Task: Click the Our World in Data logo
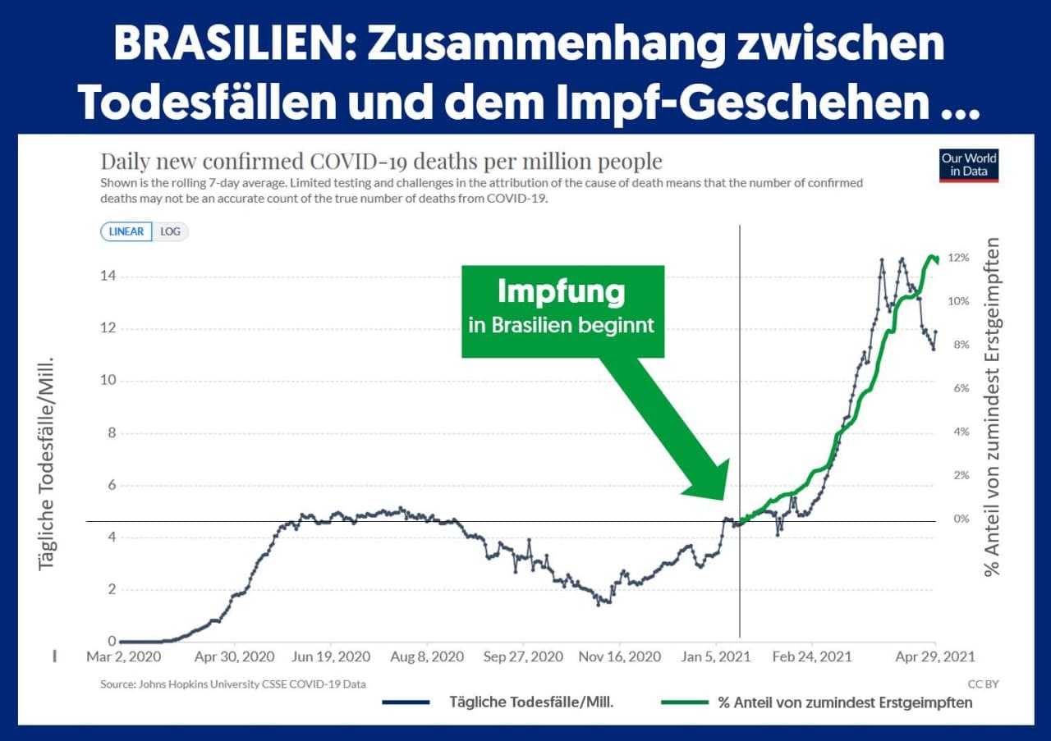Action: click(969, 166)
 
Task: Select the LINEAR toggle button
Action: click(126, 231)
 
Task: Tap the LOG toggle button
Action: click(170, 231)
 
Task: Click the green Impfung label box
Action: click(562, 311)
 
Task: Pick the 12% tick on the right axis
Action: click(959, 258)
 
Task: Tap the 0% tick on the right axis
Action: click(962, 519)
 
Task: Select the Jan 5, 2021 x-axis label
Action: click(715, 656)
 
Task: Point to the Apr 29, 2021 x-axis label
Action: click(935, 656)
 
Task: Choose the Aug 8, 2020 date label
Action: click(426, 656)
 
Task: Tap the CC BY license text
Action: click(983, 684)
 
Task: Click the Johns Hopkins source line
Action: click(233, 684)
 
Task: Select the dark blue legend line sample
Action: click(406, 702)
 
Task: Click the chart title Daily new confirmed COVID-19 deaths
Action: click(381, 161)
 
